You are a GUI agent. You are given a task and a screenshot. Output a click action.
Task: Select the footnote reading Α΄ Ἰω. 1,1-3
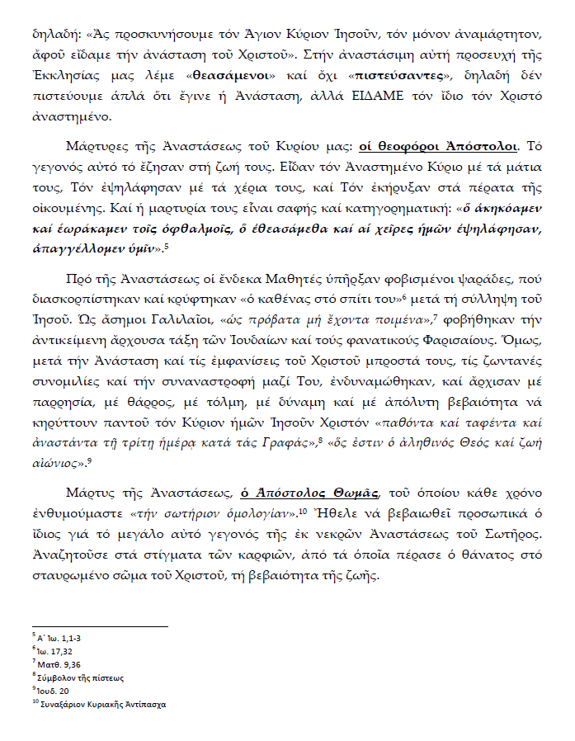click(54, 638)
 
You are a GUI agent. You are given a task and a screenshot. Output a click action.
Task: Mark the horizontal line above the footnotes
click(99, 626)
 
